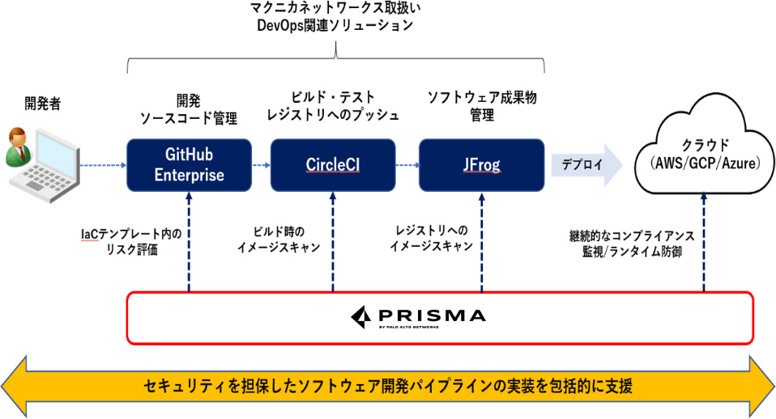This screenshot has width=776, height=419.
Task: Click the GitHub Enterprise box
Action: [x=189, y=165]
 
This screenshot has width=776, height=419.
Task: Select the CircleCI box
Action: [x=333, y=165]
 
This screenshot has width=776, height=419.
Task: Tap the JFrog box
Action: [x=481, y=165]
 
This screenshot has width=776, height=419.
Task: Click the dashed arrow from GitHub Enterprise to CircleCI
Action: [x=261, y=165]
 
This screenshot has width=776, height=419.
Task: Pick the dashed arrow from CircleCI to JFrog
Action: [x=407, y=165]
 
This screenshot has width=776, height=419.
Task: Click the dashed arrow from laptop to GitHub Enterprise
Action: [x=101, y=165]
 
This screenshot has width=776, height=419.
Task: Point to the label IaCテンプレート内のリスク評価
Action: [x=130, y=241]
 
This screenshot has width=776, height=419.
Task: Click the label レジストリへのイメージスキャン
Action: [x=427, y=241]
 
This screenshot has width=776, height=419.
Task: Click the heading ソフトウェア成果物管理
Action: [x=481, y=106]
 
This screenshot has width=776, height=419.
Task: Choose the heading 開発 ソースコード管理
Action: [x=188, y=109]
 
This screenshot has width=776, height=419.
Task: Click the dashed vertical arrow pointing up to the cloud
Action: [x=703, y=243]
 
